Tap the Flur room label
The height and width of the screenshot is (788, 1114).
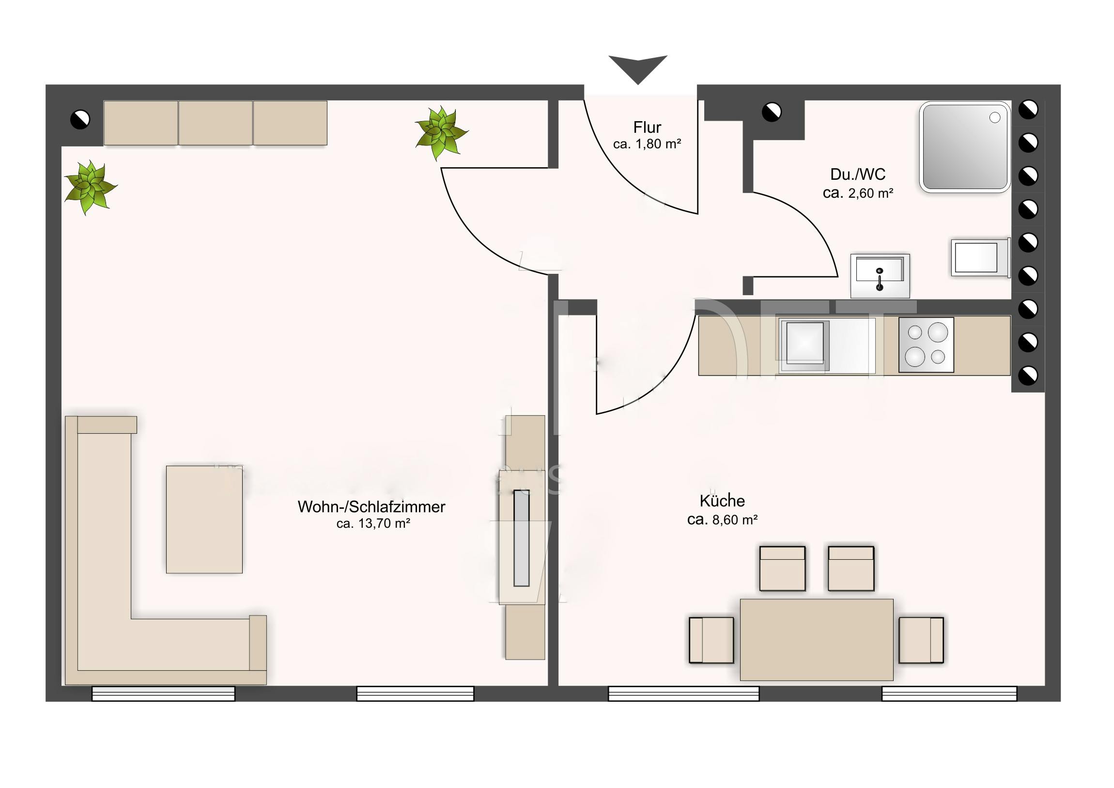647,127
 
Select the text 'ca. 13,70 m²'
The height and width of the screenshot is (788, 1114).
373,523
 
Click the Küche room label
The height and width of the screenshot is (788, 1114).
722,501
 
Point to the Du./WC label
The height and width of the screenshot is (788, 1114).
857,174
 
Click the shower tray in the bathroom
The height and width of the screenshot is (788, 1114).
964,147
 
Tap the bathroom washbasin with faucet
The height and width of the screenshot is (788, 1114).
880,275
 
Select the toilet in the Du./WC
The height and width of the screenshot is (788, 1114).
980,257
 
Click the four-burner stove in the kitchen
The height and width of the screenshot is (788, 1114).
926,345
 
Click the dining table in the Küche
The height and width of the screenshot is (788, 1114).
816,639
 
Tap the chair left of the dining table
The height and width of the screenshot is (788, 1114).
712,640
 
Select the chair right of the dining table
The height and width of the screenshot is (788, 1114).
921,640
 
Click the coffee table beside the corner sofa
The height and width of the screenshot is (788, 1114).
204,520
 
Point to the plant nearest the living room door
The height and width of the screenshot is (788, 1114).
441,133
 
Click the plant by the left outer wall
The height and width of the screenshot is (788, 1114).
90,188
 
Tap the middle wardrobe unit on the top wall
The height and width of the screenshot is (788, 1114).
216,123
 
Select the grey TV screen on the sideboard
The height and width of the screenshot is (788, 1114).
522,538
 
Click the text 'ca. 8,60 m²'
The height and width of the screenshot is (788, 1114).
722,520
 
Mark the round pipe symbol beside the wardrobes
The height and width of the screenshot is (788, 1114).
80,119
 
